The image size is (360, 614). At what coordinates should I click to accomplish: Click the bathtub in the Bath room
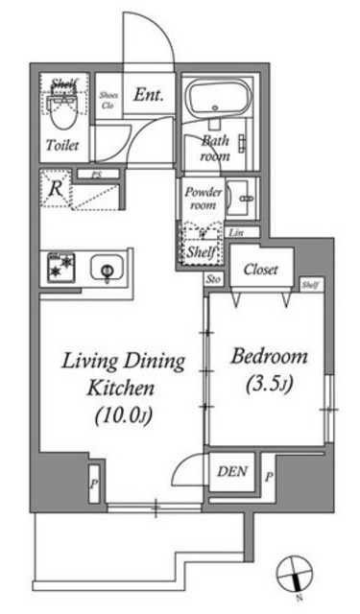(x=216, y=100)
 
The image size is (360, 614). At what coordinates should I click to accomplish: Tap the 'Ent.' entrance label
(x=148, y=95)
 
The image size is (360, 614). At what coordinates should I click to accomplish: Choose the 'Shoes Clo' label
(x=109, y=101)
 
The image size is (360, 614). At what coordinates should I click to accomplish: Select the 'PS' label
(x=96, y=175)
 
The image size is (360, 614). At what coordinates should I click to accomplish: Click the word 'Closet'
(x=260, y=270)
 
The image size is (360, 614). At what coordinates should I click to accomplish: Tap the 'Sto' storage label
(x=213, y=278)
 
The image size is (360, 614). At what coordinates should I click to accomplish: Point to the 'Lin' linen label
(x=237, y=233)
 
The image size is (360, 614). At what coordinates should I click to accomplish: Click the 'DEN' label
(x=230, y=471)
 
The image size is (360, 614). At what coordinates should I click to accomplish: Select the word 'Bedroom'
(x=269, y=357)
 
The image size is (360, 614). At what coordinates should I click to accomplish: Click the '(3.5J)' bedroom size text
(x=269, y=387)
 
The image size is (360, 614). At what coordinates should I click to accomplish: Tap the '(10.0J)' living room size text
(x=122, y=417)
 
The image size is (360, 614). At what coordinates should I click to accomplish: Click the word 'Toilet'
(x=63, y=146)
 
